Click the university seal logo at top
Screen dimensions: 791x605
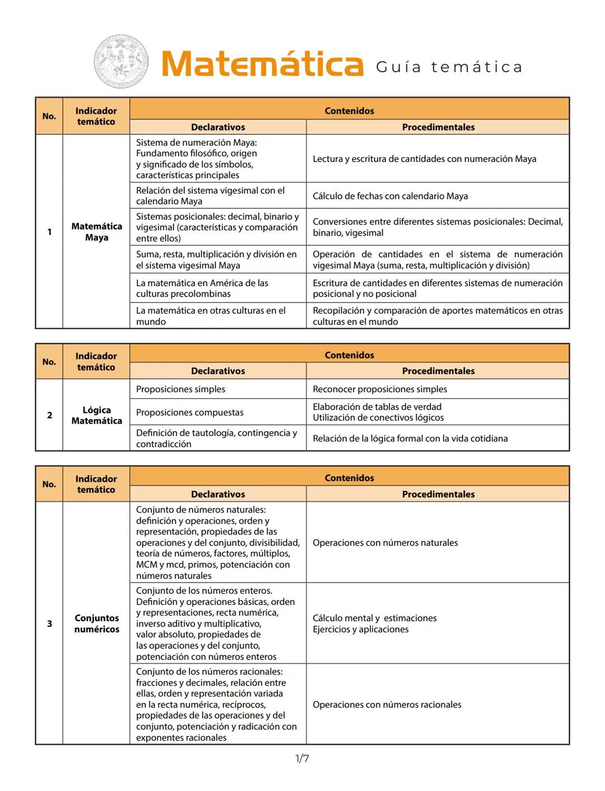[121, 62]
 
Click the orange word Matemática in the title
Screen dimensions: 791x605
[262, 64]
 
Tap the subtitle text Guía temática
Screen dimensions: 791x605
[449, 67]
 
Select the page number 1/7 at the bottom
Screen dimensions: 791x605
[302, 759]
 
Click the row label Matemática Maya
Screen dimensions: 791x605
[96, 231]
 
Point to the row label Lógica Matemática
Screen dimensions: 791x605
[96, 415]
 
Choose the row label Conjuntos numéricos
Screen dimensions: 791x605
[96, 624]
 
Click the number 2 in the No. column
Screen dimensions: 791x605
[49, 415]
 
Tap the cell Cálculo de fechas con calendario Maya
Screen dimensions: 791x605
[390, 196]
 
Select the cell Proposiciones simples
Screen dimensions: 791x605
[180, 389]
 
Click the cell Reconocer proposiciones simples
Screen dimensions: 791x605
[380, 389]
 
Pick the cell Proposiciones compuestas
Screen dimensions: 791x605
[189, 412]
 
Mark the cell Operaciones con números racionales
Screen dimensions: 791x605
[387, 704]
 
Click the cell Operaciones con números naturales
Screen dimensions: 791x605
[385, 542]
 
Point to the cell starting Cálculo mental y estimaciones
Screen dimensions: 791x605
[374, 624]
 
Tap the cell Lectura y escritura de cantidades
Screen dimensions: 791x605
[424, 159]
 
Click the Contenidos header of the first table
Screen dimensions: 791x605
[349, 110]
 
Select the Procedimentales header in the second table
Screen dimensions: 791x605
[438, 371]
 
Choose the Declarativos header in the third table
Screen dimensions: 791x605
[218, 494]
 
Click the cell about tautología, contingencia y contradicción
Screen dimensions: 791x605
[216, 438]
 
